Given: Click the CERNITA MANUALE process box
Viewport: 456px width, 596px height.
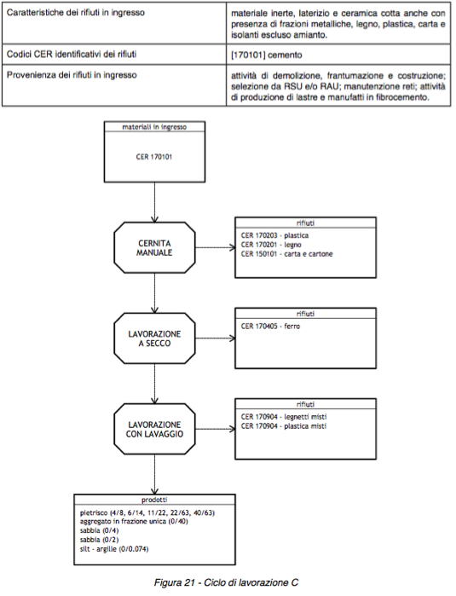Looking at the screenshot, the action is click(154, 248).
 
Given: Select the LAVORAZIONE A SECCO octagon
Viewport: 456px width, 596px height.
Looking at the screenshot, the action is click(154, 339).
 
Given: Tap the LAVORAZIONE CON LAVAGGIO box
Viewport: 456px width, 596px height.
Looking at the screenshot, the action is click(154, 429).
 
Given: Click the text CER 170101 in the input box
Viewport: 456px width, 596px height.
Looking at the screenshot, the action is click(154, 157).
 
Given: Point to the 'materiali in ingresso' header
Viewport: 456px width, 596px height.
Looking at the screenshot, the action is click(154, 127).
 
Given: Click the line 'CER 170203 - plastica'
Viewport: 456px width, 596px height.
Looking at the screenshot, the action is click(274, 235).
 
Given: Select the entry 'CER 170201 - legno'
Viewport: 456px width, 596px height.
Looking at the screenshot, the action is click(271, 245).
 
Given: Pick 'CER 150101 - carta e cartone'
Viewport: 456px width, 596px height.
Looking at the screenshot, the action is click(286, 254).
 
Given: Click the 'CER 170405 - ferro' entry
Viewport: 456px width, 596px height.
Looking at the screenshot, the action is click(270, 326).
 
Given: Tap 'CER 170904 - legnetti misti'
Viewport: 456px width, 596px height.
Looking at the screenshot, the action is click(284, 417).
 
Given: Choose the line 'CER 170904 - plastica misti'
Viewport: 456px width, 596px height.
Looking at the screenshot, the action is click(283, 426).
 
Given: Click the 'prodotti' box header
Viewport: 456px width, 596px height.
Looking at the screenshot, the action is click(154, 500).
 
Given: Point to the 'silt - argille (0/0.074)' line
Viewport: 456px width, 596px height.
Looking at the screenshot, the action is click(114, 549).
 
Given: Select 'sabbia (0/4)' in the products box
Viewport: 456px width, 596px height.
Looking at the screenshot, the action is click(99, 530).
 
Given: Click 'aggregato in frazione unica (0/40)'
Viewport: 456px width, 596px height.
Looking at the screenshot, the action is click(134, 522).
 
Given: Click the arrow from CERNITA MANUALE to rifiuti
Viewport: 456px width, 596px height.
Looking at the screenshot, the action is click(216, 248).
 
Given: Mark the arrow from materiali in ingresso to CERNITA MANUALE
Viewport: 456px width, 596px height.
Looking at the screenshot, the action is click(154, 202).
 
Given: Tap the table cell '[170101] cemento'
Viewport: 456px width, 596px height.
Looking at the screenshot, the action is click(267, 55).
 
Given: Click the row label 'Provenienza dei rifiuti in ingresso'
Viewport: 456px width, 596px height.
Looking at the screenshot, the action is click(72, 75).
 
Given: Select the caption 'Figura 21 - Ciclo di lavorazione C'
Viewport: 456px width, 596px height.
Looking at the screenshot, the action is click(226, 582).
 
